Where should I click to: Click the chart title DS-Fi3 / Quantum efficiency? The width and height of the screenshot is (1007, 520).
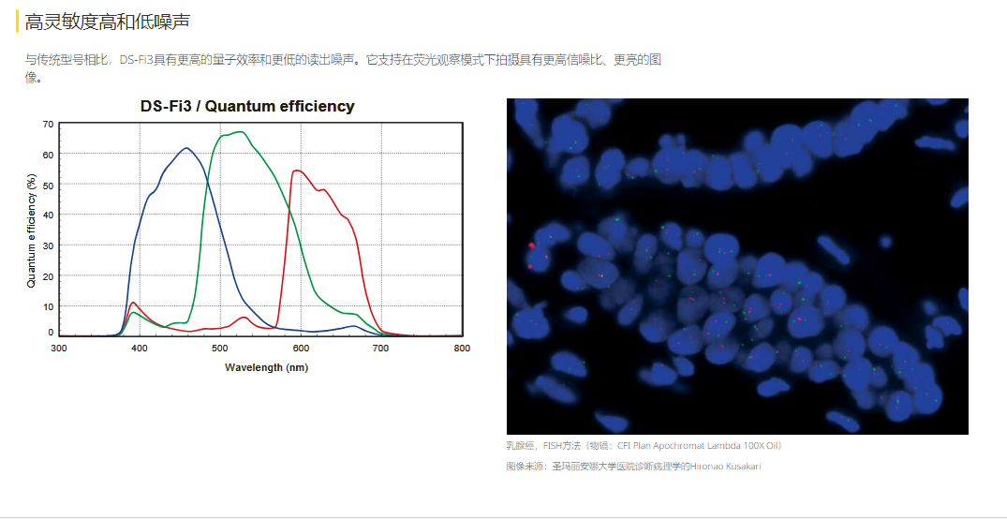247,107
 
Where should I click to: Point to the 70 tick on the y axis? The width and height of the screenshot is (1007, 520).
48,124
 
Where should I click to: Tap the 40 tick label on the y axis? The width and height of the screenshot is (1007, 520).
48,215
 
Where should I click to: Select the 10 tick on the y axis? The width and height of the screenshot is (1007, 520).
48,305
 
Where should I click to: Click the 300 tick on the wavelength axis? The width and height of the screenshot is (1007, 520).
58,348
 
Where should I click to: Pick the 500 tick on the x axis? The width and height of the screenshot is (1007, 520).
219,348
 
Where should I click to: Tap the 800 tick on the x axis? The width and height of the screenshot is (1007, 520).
462,348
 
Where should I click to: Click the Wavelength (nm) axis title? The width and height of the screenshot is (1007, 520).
266,367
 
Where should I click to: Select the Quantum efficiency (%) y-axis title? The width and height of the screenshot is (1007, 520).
31,229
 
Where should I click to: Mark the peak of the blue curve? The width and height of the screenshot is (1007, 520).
186,148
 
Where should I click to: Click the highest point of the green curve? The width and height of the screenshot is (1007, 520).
239,131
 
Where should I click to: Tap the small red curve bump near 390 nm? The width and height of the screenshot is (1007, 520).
132,303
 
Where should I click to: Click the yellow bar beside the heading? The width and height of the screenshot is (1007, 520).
18,22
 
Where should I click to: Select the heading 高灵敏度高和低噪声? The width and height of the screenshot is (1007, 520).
107,22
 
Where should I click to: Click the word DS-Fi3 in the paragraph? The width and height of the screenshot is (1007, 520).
136,60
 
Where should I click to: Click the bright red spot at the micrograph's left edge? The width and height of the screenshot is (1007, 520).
531,245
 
